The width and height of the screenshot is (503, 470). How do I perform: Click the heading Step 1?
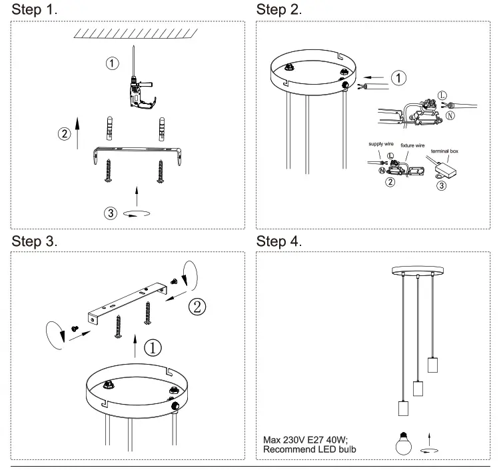click(x=34, y=10)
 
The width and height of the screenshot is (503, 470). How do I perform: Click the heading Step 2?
click(x=278, y=10)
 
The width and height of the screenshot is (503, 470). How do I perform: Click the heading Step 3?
click(x=34, y=241)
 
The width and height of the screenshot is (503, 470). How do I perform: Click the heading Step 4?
click(x=278, y=241)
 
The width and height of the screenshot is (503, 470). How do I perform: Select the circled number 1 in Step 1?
click(x=113, y=63)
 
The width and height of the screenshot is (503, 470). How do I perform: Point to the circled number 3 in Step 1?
click(x=110, y=213)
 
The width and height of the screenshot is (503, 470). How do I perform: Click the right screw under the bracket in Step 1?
click(x=160, y=171)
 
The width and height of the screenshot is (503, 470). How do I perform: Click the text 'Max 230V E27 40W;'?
click(x=306, y=439)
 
